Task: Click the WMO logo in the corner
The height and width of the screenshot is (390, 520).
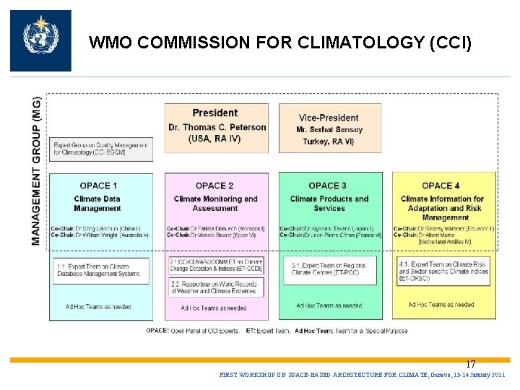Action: tap(40, 40)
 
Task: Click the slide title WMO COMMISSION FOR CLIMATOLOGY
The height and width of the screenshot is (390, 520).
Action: tap(280, 43)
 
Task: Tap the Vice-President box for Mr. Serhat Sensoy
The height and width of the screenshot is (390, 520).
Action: tap(329, 128)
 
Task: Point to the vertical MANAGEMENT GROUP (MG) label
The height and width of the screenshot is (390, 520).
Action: tap(37, 170)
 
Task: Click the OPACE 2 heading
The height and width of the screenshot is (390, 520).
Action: tap(214, 186)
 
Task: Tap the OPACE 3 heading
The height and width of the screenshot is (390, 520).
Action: tap(328, 186)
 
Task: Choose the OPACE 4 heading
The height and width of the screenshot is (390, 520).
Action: tap(441, 186)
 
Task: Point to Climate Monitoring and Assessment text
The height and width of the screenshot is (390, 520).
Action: tap(215, 204)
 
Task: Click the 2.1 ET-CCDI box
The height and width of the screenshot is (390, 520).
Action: tap(215, 265)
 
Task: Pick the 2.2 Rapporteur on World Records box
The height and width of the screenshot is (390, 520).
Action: tap(215, 288)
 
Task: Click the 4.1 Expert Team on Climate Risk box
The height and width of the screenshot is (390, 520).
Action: tap(443, 272)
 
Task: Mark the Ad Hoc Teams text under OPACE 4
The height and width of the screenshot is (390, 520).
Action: tap(441, 305)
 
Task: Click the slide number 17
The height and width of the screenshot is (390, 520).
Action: tap(470, 364)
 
